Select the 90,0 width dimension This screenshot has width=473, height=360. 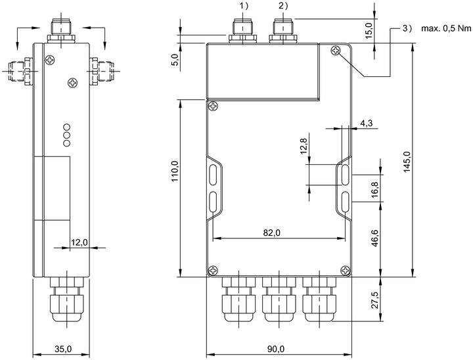(x=276, y=349)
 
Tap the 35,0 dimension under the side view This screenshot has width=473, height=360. (x=63, y=349)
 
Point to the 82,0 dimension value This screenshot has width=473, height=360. (x=271, y=233)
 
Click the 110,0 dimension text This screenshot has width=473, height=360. (x=175, y=171)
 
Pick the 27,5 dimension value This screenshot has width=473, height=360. (x=374, y=300)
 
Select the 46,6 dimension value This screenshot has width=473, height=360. (x=374, y=238)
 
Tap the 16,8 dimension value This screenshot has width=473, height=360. (x=374, y=189)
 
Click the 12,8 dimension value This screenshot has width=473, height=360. (x=304, y=146)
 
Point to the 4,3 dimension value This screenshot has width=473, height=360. (x=366, y=122)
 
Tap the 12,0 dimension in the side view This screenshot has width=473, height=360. (x=79, y=242)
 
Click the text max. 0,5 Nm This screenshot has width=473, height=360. (x=446, y=28)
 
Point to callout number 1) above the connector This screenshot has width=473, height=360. (x=244, y=6)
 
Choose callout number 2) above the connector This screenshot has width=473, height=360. (x=284, y=6)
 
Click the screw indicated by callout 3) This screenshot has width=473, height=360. (x=336, y=51)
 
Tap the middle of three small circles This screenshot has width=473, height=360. (x=67, y=135)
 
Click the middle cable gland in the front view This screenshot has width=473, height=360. (x=279, y=300)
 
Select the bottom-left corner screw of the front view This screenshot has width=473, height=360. (x=214, y=270)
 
